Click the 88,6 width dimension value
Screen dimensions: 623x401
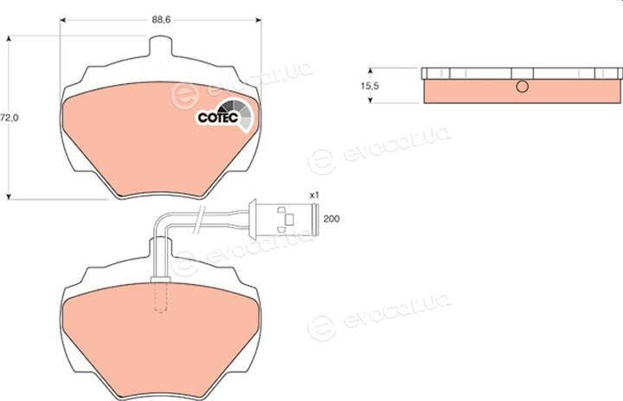(161, 20)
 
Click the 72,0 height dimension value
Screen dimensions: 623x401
(10, 118)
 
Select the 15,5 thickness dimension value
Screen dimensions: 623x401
(370, 86)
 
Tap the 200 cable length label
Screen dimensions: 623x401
(331, 219)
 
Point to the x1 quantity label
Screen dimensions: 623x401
(314, 196)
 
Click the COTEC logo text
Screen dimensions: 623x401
(218, 118)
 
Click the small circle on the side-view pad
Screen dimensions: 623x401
(522, 87)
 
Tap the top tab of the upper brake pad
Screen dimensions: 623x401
(161, 45)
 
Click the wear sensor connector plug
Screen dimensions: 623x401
(283, 219)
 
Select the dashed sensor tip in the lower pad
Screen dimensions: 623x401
(161, 298)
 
